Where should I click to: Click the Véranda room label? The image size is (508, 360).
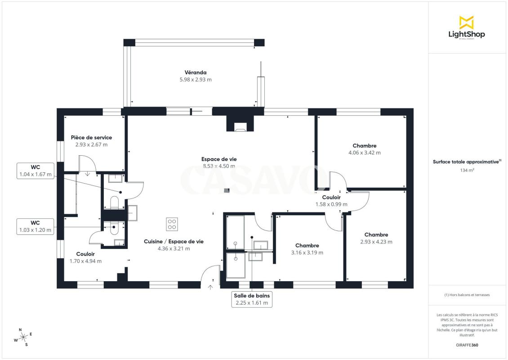click(196, 72)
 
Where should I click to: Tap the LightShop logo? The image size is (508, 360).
click(467, 27)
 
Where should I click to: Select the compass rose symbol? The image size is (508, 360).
click(23, 337)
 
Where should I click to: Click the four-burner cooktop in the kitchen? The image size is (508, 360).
click(172, 224)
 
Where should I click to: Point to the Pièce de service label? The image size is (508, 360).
click(91, 138)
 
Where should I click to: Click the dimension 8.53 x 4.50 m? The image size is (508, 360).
click(219, 166)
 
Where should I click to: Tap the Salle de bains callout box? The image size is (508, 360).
click(252, 299)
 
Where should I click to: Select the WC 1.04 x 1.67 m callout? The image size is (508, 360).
click(36, 171)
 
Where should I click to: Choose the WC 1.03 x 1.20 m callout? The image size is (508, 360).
click(36, 226)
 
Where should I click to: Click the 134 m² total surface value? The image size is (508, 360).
click(467, 170)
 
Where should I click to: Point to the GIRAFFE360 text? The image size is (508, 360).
click(467, 345)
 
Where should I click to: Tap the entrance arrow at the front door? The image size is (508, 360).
click(210, 287)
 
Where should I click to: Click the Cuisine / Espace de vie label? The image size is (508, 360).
click(174, 241)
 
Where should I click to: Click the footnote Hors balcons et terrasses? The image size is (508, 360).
click(467, 295)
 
